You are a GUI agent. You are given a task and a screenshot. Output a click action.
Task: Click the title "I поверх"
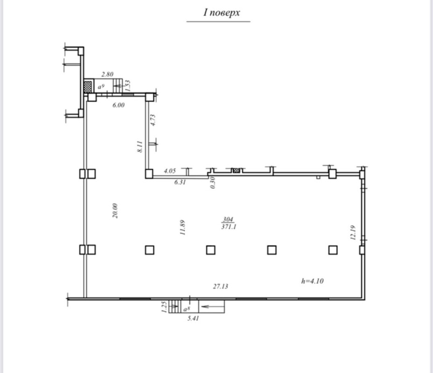click(222, 13)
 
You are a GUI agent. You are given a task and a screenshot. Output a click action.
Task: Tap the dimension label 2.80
click(107, 74)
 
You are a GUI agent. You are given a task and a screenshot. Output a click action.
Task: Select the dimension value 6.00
click(119, 105)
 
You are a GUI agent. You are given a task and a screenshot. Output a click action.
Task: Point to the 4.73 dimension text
click(153, 120)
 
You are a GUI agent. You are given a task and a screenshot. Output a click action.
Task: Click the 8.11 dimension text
click(140, 146)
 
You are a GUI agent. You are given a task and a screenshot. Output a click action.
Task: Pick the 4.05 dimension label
click(169, 171)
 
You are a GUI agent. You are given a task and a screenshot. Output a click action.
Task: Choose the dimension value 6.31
click(180, 182)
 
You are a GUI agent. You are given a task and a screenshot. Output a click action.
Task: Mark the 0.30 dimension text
click(212, 183)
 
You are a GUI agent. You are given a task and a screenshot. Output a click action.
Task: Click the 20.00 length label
click(115, 211)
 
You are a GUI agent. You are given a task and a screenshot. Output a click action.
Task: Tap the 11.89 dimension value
click(182, 228)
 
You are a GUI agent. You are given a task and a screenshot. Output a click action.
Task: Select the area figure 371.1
click(229, 227)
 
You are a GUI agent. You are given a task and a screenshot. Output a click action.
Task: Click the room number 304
click(228, 219)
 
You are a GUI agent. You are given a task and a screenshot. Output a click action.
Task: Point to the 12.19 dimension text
click(353, 233)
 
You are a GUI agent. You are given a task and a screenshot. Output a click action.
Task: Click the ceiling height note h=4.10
click(312, 281)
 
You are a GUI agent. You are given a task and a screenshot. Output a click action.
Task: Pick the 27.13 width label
click(220, 287)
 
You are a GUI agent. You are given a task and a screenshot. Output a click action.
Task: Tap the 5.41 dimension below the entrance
click(193, 318)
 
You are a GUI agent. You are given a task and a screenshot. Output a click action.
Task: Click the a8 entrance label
click(187, 309)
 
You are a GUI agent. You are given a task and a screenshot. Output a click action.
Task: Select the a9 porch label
click(101, 87)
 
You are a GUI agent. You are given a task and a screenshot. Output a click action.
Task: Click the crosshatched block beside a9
click(88, 87)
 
